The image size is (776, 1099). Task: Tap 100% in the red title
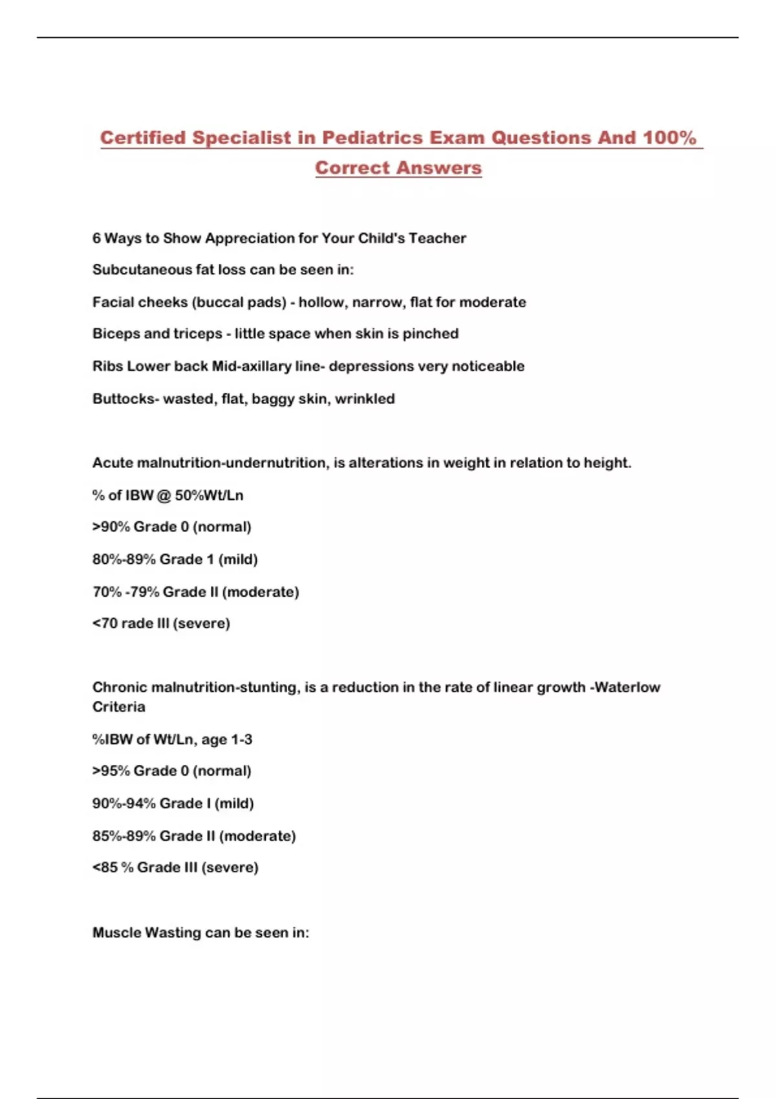point(669,138)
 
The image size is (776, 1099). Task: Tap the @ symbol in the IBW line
point(164,495)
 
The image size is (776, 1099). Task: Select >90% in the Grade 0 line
point(111,527)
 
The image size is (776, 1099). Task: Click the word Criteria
point(119,707)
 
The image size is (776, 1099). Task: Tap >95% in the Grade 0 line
point(111,771)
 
